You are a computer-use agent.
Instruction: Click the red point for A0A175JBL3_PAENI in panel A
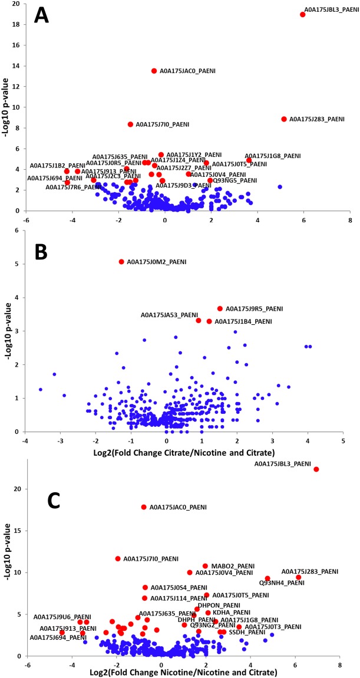(303, 14)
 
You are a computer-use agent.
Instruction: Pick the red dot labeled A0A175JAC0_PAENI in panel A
(154, 71)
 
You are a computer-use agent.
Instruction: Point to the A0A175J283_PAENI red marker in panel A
(284, 119)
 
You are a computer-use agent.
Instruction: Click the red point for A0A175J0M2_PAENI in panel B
(121, 262)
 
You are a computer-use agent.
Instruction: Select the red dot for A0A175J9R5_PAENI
(220, 308)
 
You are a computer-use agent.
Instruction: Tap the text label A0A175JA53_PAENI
(169, 315)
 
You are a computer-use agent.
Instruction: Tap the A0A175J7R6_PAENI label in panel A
(73, 187)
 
